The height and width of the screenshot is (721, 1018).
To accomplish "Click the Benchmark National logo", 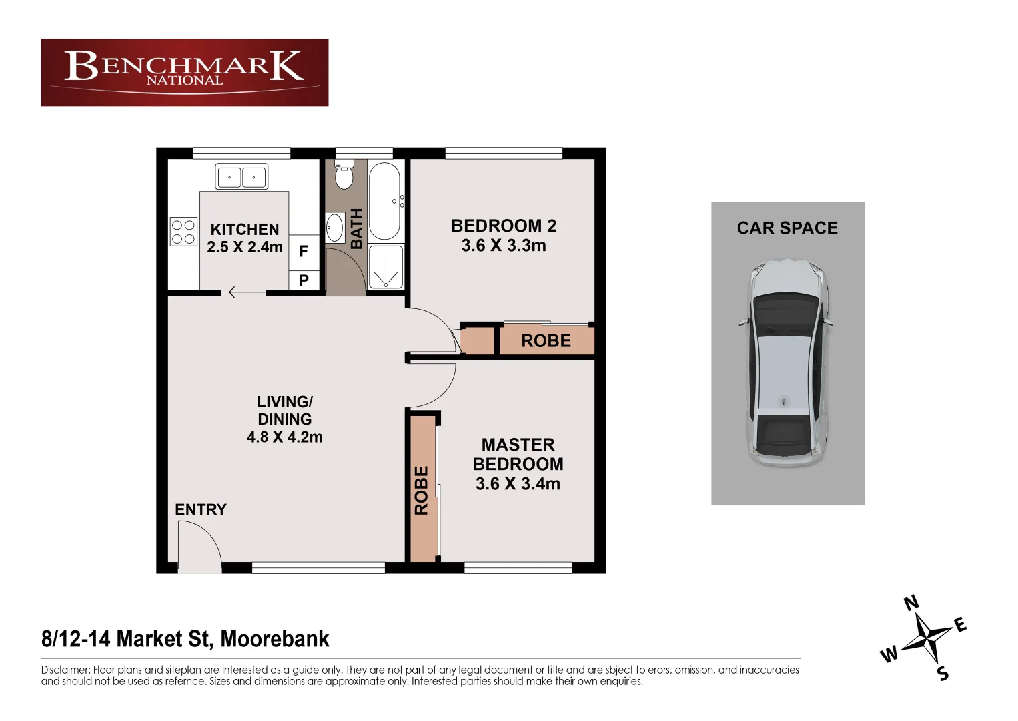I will pos(184,72).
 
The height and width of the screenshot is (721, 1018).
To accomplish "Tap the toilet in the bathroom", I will pos(344,176).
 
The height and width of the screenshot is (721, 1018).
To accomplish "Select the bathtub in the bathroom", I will pos(384,200).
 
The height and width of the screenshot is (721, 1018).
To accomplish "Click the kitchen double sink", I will pos(241,177).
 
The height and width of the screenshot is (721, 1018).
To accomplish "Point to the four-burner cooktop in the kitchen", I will pos(183,232).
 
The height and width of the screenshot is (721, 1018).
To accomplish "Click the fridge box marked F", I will pos(304,252).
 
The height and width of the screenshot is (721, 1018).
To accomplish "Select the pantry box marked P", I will pos(304,280).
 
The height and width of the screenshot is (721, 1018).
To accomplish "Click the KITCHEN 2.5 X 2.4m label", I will pos(245,238).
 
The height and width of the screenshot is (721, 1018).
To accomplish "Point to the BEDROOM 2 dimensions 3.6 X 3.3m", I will pos(504,246).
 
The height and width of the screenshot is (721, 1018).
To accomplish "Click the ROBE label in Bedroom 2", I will pos(546,341).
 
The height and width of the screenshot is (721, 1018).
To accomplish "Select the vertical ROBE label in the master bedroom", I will pos(421,491).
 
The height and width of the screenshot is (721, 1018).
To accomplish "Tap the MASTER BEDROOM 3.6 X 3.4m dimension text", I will pos(518,483).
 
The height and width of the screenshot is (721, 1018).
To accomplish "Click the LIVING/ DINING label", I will pos(285,411).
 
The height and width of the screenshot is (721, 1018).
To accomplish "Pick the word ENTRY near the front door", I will pos(201,510).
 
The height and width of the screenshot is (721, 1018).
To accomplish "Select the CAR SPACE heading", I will pos(787,228).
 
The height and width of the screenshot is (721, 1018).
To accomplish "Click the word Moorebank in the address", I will pos(275,639).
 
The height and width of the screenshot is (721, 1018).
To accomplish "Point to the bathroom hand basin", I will pos(334,228).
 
